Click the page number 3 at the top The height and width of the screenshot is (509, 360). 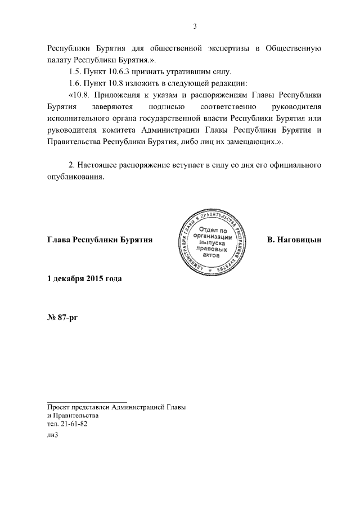(x=195, y=25)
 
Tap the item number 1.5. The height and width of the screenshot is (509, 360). (x=75, y=72)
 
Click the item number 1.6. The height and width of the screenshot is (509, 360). (x=75, y=84)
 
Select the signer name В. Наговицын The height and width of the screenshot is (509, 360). (x=294, y=240)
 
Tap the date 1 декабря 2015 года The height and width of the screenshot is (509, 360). (x=84, y=278)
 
